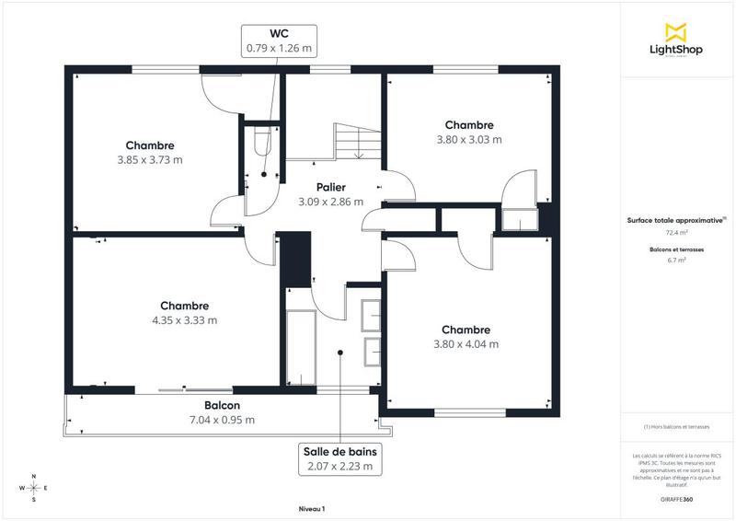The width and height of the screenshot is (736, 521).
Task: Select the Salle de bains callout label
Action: tap(340, 459)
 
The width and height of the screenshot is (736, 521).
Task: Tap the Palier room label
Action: tap(330, 187)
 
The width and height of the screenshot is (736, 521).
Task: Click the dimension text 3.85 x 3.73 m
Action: tap(150, 159)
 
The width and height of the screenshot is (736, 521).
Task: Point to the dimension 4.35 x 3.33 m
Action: tap(184, 320)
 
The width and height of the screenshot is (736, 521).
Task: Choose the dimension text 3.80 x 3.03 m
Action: tap(469, 140)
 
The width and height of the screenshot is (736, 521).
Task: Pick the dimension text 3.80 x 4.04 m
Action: tap(466, 344)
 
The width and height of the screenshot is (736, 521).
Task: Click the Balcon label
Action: tap(222, 405)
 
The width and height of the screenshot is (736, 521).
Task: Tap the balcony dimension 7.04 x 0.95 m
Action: tap(222, 420)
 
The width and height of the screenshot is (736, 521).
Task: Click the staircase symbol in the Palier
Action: tap(355, 142)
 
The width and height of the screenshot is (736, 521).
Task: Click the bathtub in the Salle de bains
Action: tap(301, 348)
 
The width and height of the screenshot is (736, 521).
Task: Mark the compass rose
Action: tap(34, 488)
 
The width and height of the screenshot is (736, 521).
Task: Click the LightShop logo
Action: tap(677, 41)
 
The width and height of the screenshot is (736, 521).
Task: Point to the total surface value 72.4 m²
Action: tap(677, 233)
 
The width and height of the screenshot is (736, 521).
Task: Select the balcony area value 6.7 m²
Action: tap(677, 260)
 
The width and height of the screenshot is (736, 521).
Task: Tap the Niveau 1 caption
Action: tap(312, 508)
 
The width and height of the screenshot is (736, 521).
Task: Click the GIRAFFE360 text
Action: tap(677, 497)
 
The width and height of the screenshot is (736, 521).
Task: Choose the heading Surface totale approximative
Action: tap(676, 220)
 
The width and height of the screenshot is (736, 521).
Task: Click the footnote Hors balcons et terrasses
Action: tap(677, 426)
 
